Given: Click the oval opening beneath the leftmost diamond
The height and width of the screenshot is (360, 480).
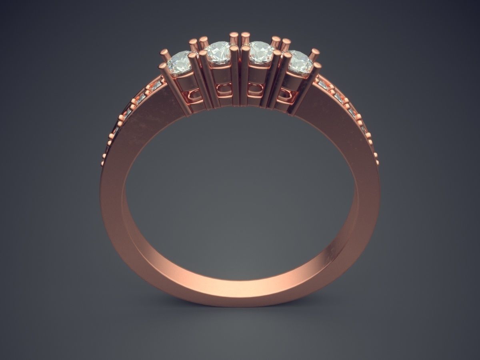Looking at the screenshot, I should tap(195, 95).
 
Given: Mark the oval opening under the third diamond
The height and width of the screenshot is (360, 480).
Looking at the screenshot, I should tap(253, 89).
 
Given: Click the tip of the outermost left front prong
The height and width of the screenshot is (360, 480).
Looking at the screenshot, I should tap(162, 65).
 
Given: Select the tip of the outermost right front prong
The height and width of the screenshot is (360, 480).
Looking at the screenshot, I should tap(318, 65).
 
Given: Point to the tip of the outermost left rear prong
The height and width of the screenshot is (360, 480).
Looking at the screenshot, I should tap(165, 52).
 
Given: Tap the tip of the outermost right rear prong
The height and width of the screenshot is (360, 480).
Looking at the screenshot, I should tap(315, 52).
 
